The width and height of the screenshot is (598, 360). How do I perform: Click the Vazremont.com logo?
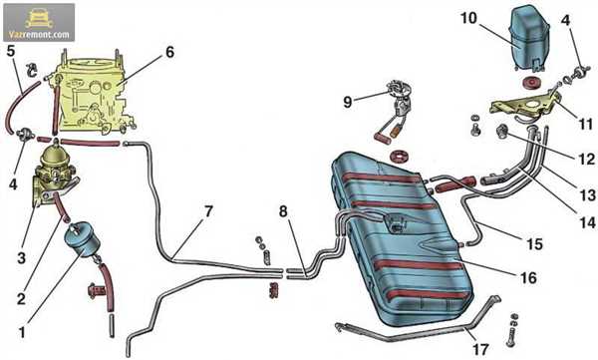tap(39, 23)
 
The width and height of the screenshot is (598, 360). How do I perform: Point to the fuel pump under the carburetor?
tap(54, 171)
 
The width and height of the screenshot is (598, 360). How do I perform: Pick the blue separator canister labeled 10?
tap(529, 38)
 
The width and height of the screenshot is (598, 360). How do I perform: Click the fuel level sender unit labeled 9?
tap(397, 111)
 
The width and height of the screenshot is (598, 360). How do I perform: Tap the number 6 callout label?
tap(169, 52)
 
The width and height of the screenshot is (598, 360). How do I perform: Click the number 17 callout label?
tap(480, 349)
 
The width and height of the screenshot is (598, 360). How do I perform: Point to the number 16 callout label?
tap(528, 277)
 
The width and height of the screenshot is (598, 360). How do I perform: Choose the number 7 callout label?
tap(208, 211)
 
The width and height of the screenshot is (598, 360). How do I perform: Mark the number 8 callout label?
tap(283, 211)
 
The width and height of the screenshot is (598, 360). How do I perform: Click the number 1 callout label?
tap(22, 332)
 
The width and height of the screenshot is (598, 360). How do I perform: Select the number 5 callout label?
tap(11, 51)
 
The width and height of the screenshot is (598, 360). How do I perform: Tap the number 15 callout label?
tap(534, 244)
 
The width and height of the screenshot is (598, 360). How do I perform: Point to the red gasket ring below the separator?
tap(529, 83)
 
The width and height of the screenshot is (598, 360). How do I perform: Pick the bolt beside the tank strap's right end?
tap(512, 330)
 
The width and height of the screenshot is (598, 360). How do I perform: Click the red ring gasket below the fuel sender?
tap(399, 156)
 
